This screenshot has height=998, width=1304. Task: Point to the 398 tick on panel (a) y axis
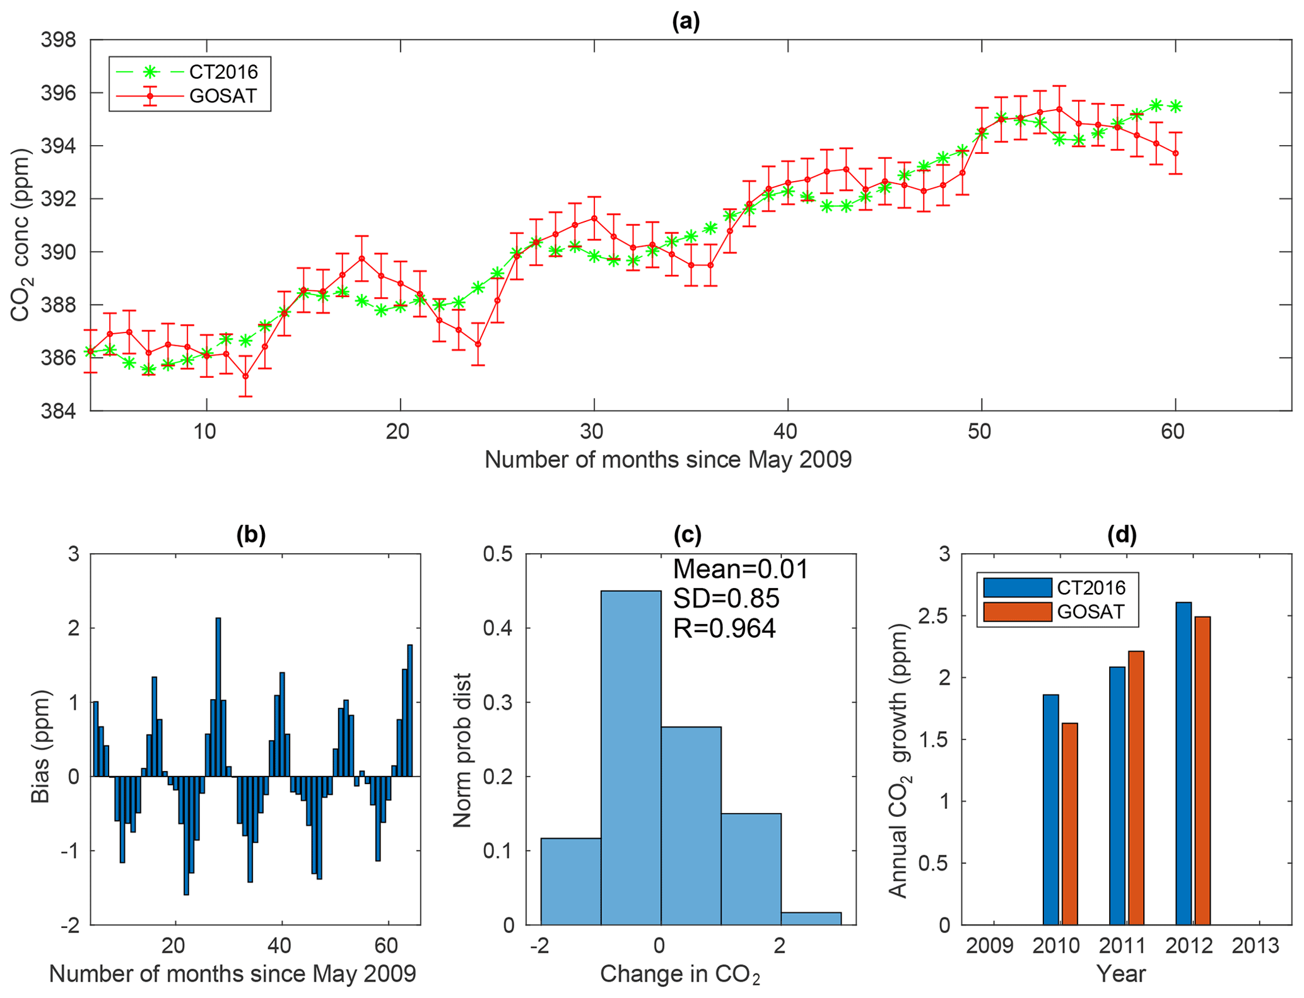58,40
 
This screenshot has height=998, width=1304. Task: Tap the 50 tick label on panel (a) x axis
980,431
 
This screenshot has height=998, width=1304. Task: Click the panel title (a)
686,21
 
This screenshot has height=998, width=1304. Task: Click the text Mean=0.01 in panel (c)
741,570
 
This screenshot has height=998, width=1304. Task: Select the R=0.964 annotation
724,628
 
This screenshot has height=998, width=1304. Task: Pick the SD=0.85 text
726,599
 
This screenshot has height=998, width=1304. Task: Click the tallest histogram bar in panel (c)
630,757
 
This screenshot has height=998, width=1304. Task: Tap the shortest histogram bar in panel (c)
811,919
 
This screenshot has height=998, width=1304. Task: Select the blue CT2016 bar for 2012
1184,763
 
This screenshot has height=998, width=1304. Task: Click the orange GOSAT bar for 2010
1069,824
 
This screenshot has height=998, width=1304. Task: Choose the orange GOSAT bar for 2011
1136,788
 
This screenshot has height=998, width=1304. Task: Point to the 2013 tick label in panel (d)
1255,946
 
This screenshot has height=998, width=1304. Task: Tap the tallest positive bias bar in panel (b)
218,697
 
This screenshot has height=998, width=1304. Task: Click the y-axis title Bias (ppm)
40,746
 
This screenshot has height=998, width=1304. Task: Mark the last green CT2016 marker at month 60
1175,107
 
